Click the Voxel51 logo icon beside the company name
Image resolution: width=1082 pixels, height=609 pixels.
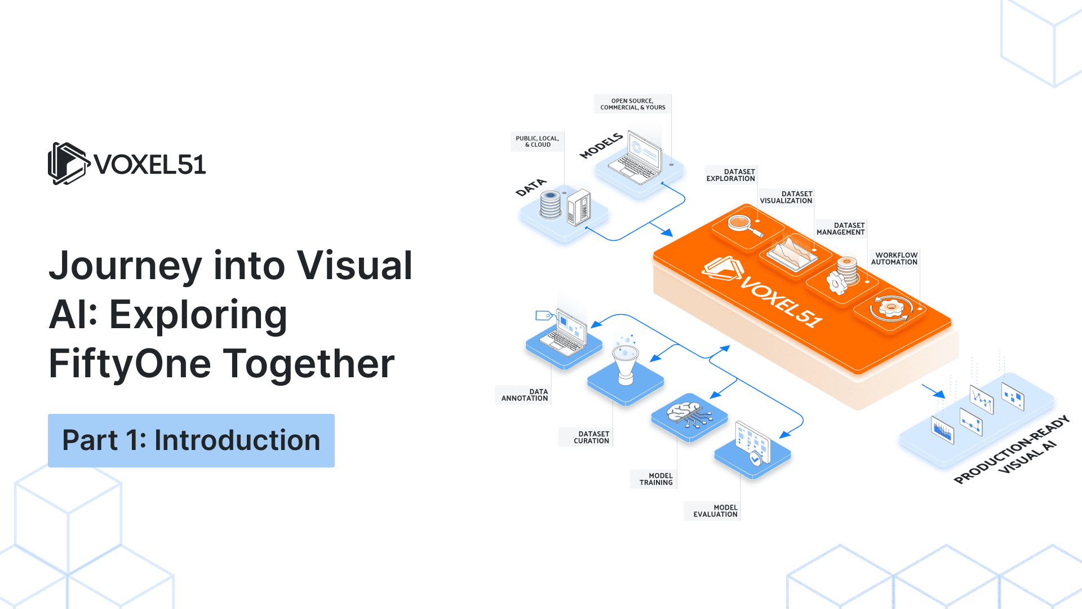point(68,164)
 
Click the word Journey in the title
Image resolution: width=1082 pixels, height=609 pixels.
point(125,266)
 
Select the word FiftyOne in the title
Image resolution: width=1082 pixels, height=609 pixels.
point(130,364)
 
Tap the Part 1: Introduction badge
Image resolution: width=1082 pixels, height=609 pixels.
point(191,440)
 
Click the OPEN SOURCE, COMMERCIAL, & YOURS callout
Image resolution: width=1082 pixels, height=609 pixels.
point(632,104)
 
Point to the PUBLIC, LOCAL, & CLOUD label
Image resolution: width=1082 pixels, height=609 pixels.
point(537,142)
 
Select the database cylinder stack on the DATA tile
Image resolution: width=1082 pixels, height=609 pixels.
point(551,205)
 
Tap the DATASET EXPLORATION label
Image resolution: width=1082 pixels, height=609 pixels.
point(730,175)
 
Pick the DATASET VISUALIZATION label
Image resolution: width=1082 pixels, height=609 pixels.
point(786,197)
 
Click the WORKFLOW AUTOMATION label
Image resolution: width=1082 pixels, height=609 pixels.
point(894,259)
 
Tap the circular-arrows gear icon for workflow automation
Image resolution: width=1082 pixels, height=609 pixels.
point(890,308)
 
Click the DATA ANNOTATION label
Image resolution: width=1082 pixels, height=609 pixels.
point(524,395)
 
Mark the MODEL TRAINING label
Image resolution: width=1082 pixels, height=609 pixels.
point(655,479)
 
